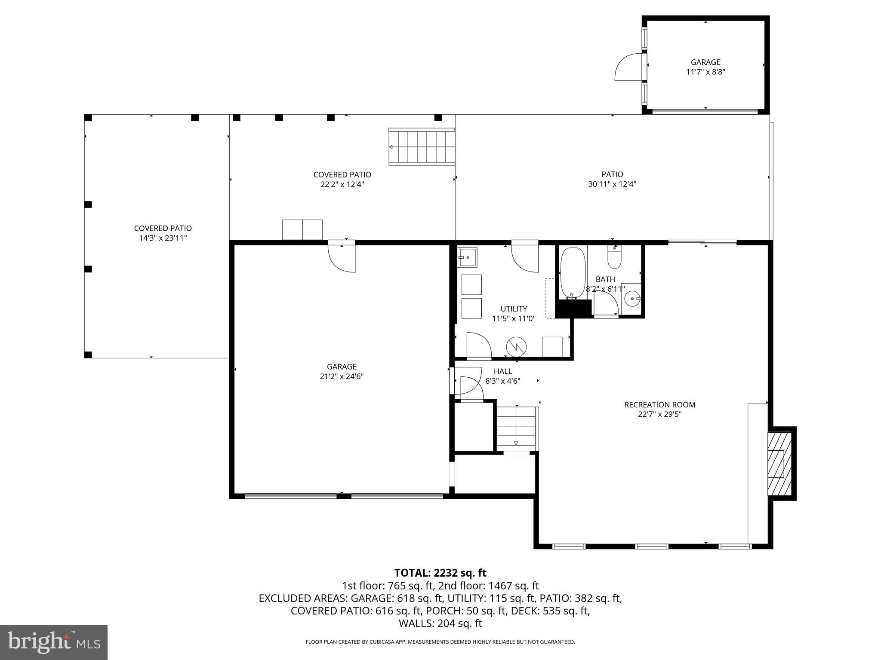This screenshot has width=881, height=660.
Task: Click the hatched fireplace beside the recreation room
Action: click(780, 463)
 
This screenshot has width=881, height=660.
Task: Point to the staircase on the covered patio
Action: click(422, 147)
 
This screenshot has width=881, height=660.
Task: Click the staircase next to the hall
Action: click(516, 428)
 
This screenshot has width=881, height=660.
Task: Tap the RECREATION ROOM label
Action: click(659, 404)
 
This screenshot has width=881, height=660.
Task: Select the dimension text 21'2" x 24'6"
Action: click(342, 376)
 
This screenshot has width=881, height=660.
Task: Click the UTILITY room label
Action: click(514, 309)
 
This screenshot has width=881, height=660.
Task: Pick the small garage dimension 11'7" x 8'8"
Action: click(705, 72)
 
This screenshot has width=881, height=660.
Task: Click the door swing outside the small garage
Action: click(628, 67)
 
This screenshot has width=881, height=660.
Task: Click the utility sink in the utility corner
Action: click(466, 257)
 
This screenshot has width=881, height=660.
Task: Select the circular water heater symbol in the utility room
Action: click(516, 347)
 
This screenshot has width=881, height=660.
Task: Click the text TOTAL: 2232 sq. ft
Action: click(440, 573)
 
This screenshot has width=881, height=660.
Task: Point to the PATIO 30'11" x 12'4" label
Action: click(612, 179)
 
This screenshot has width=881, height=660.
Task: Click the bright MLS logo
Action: click(54, 642)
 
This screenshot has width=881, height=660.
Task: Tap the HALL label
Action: click(502, 371)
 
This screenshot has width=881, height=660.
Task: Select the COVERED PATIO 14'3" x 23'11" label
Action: click(163, 233)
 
